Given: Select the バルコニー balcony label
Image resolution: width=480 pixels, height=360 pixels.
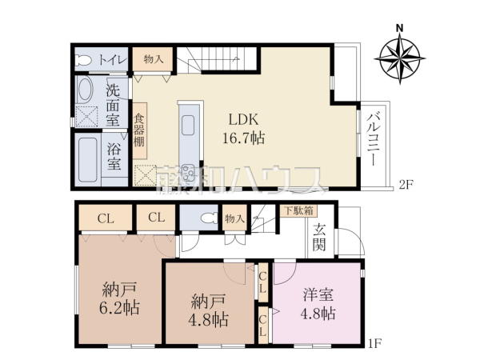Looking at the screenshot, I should click(373, 137).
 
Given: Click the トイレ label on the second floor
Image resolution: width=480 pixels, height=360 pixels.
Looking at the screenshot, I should click(112, 59).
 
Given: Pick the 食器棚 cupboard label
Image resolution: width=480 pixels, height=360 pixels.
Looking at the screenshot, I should click(139, 131).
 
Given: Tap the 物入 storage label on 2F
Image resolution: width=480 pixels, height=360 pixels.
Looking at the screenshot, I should click(153, 59).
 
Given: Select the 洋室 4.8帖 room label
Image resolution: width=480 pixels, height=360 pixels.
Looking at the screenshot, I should click(318, 303).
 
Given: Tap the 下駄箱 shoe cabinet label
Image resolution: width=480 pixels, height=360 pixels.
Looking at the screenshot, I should click(298, 211).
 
